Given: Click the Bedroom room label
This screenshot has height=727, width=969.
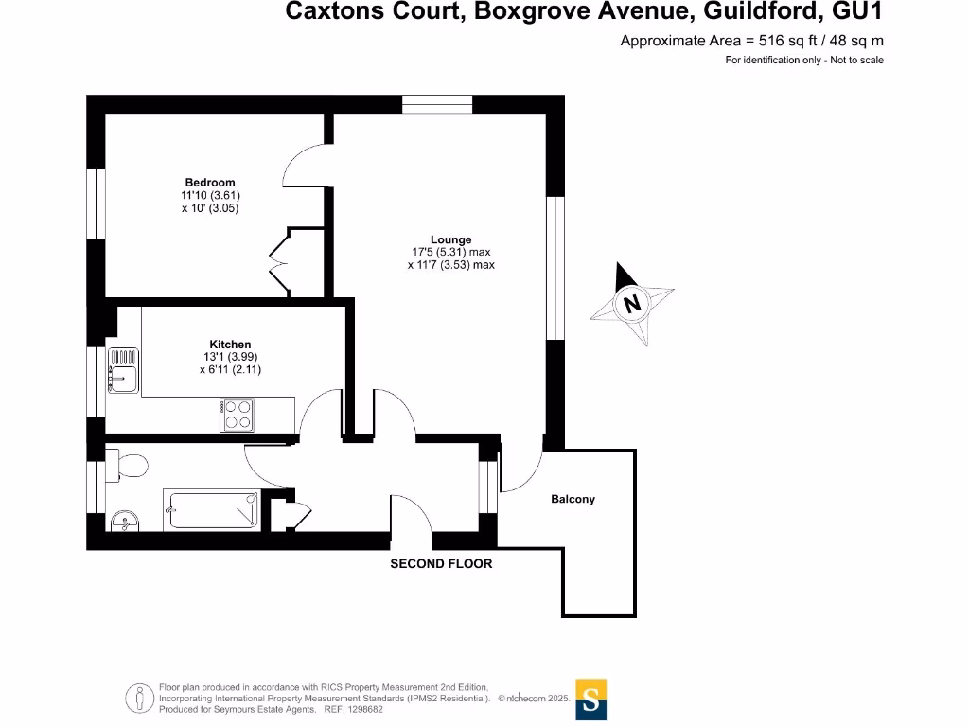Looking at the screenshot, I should (x=210, y=183).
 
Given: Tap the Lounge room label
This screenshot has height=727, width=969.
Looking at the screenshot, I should (x=450, y=240).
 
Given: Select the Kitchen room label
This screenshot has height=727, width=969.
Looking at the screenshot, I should (x=230, y=345).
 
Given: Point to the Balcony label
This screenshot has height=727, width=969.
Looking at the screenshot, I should (x=573, y=499).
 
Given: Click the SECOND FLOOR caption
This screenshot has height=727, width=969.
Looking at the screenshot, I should (x=442, y=563).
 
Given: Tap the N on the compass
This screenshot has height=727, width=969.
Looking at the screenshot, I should (x=631, y=304).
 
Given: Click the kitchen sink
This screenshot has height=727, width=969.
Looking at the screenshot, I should (x=123, y=370).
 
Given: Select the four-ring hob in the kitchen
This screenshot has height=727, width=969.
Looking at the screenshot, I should (x=237, y=415).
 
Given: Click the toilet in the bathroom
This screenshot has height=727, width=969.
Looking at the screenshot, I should (x=129, y=465).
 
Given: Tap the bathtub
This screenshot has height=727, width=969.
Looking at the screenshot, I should (x=211, y=510).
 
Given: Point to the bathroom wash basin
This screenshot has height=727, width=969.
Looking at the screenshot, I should (x=123, y=521).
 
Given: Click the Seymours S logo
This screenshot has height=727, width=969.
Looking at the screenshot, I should (x=590, y=700).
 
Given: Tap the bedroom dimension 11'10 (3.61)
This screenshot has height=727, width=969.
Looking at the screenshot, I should (x=210, y=196).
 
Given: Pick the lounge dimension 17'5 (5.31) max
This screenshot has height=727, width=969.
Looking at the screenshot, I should (x=451, y=253).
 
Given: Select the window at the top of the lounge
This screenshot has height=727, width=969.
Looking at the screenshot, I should (x=437, y=104).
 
